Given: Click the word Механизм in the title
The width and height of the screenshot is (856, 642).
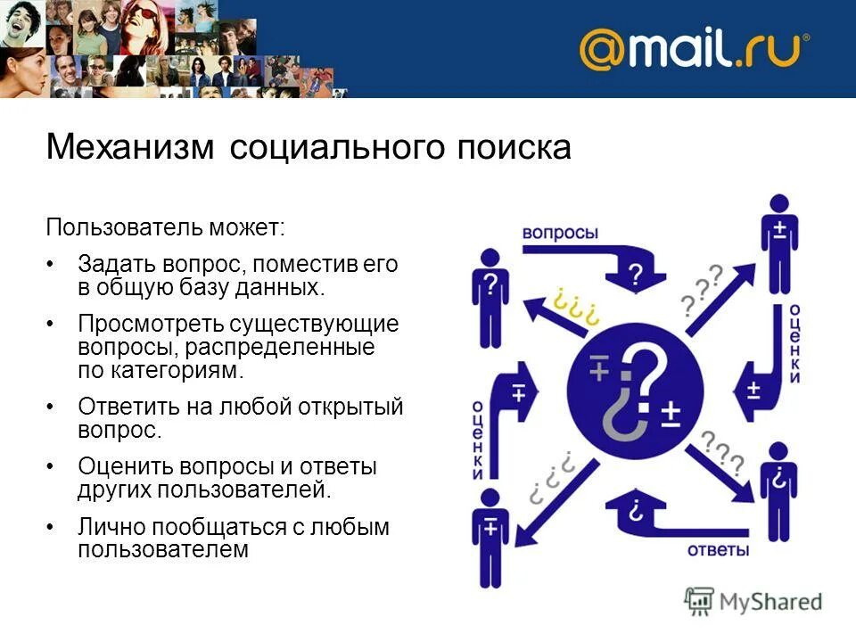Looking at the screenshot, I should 130,146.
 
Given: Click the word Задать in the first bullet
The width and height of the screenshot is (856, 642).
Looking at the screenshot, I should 116,265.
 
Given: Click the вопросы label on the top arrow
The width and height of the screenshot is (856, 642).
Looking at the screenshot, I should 560,232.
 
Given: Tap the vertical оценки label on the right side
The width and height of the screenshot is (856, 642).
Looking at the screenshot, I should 792,343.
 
